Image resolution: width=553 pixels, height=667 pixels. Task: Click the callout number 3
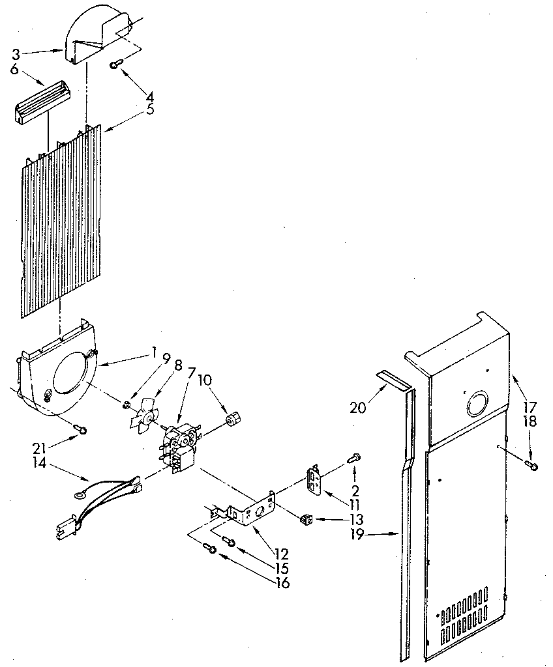click(x=16, y=55)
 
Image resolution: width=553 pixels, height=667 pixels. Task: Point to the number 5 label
click(x=150, y=109)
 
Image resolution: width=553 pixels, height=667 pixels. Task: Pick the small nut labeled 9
click(x=124, y=404)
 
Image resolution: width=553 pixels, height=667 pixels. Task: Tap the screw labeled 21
click(x=80, y=429)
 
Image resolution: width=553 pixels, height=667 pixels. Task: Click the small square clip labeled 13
click(x=303, y=519)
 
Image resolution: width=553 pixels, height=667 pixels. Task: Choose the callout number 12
click(x=281, y=555)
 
